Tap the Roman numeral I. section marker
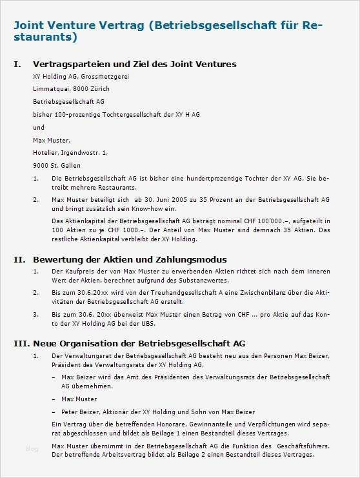(x=18, y=65)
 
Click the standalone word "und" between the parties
(x=39, y=127)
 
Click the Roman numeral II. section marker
(x=19, y=259)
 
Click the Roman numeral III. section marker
(x=21, y=343)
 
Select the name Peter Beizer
(x=79, y=412)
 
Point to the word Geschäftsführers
(x=303, y=446)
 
